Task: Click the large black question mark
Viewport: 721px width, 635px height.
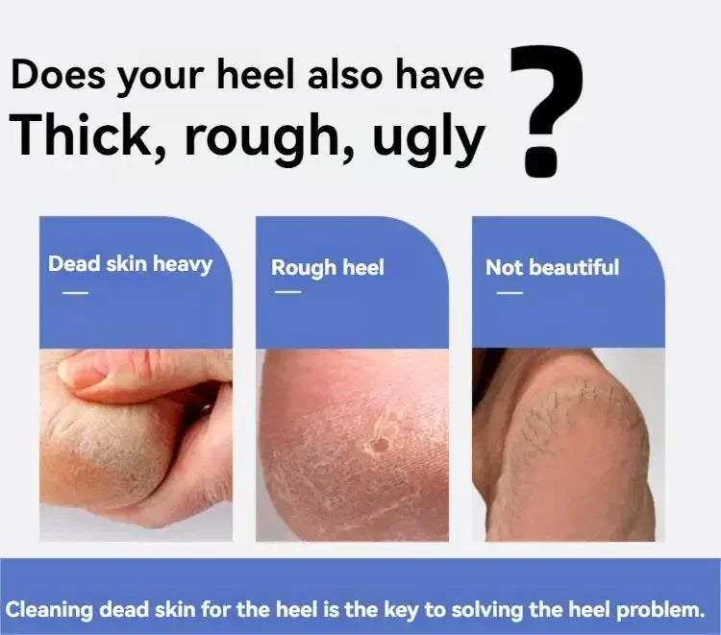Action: point(547,110)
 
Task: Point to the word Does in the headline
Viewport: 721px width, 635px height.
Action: point(58,74)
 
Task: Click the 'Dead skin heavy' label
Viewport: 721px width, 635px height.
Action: point(130,264)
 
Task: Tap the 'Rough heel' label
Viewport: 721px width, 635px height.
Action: point(328,267)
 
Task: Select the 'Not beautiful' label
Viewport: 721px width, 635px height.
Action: point(552,267)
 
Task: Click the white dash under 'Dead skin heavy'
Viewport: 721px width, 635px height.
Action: point(75,292)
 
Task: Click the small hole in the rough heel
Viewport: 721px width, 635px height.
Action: point(382,444)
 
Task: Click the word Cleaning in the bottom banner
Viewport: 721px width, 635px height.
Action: point(50,610)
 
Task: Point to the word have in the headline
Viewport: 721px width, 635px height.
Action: point(440,75)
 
